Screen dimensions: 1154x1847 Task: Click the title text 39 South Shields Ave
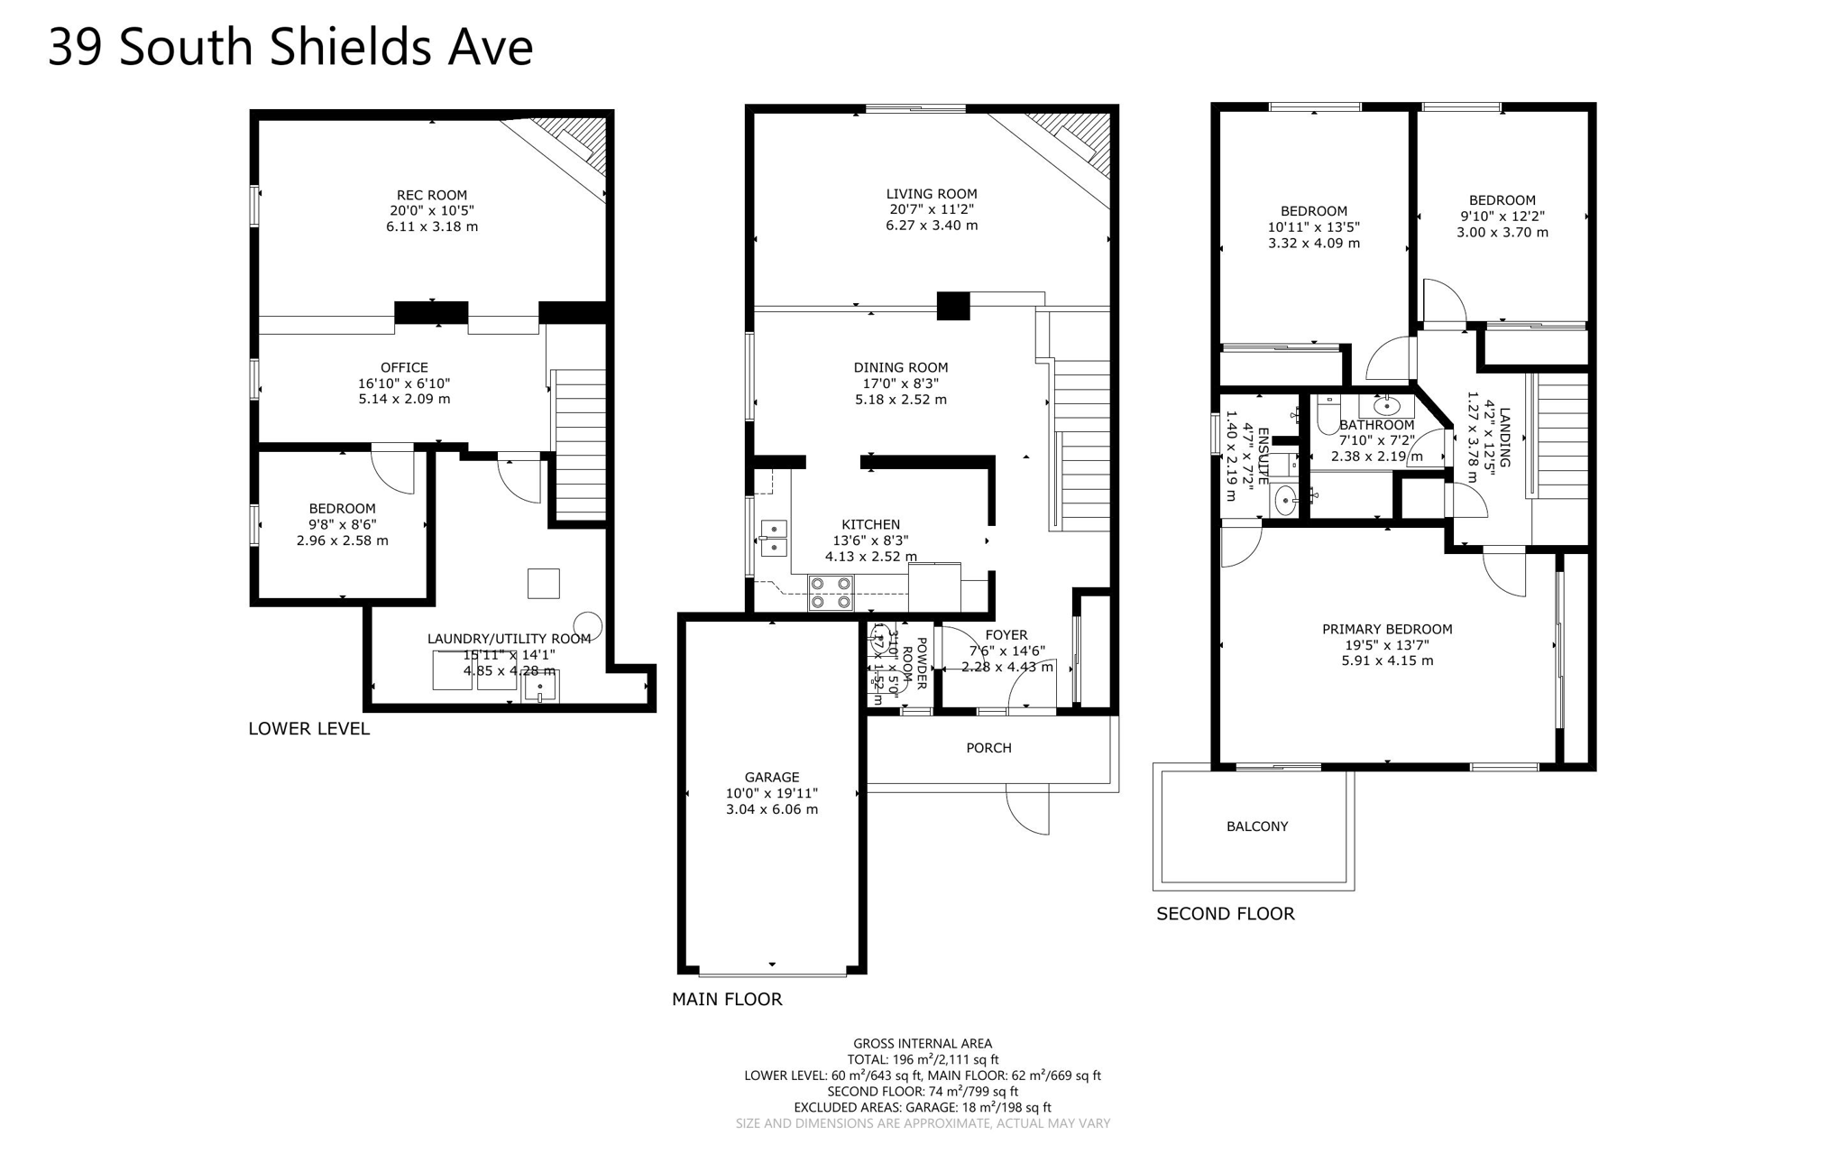pos(289,47)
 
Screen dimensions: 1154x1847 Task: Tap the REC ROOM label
pos(432,195)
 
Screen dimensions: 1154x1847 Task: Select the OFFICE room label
pos(404,367)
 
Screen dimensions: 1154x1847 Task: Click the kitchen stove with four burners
pos(831,593)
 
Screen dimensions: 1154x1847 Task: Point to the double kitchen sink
pos(774,538)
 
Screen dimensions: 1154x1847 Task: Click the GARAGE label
pos(772,777)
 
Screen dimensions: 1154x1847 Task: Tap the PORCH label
pos(988,748)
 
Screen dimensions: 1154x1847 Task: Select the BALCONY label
pos(1257,826)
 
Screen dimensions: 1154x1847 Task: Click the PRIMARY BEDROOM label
pos(1387,629)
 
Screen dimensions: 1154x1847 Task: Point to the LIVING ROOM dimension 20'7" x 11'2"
pos(932,209)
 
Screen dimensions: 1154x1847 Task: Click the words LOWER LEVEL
pos(309,729)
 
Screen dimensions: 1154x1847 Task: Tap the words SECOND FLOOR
pos(1225,914)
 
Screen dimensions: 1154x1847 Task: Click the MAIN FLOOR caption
pos(727,1000)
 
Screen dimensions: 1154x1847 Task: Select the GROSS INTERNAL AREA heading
pos(923,1044)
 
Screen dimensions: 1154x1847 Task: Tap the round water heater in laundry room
pos(588,624)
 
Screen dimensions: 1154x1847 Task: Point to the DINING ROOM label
pos(901,367)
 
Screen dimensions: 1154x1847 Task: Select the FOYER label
pos(1006,635)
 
